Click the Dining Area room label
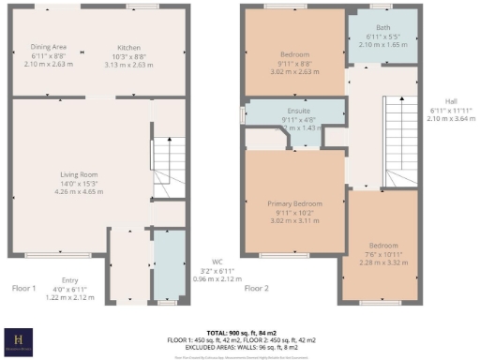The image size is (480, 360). click(x=48, y=46)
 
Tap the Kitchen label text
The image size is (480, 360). click(x=129, y=46)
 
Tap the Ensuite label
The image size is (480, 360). click(x=295, y=111)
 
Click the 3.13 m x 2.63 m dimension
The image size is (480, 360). click(x=129, y=65)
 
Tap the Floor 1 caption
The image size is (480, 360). click(x=23, y=289)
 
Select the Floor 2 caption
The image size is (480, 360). click(x=257, y=289)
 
